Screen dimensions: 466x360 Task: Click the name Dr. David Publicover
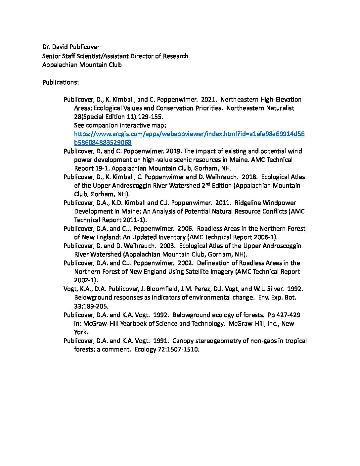click(71, 47)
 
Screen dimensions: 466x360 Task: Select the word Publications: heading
click(61, 82)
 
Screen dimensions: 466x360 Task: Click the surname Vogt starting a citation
click(70, 289)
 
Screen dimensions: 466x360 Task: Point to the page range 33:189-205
click(91, 306)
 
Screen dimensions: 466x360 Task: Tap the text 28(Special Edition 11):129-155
click(119, 117)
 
